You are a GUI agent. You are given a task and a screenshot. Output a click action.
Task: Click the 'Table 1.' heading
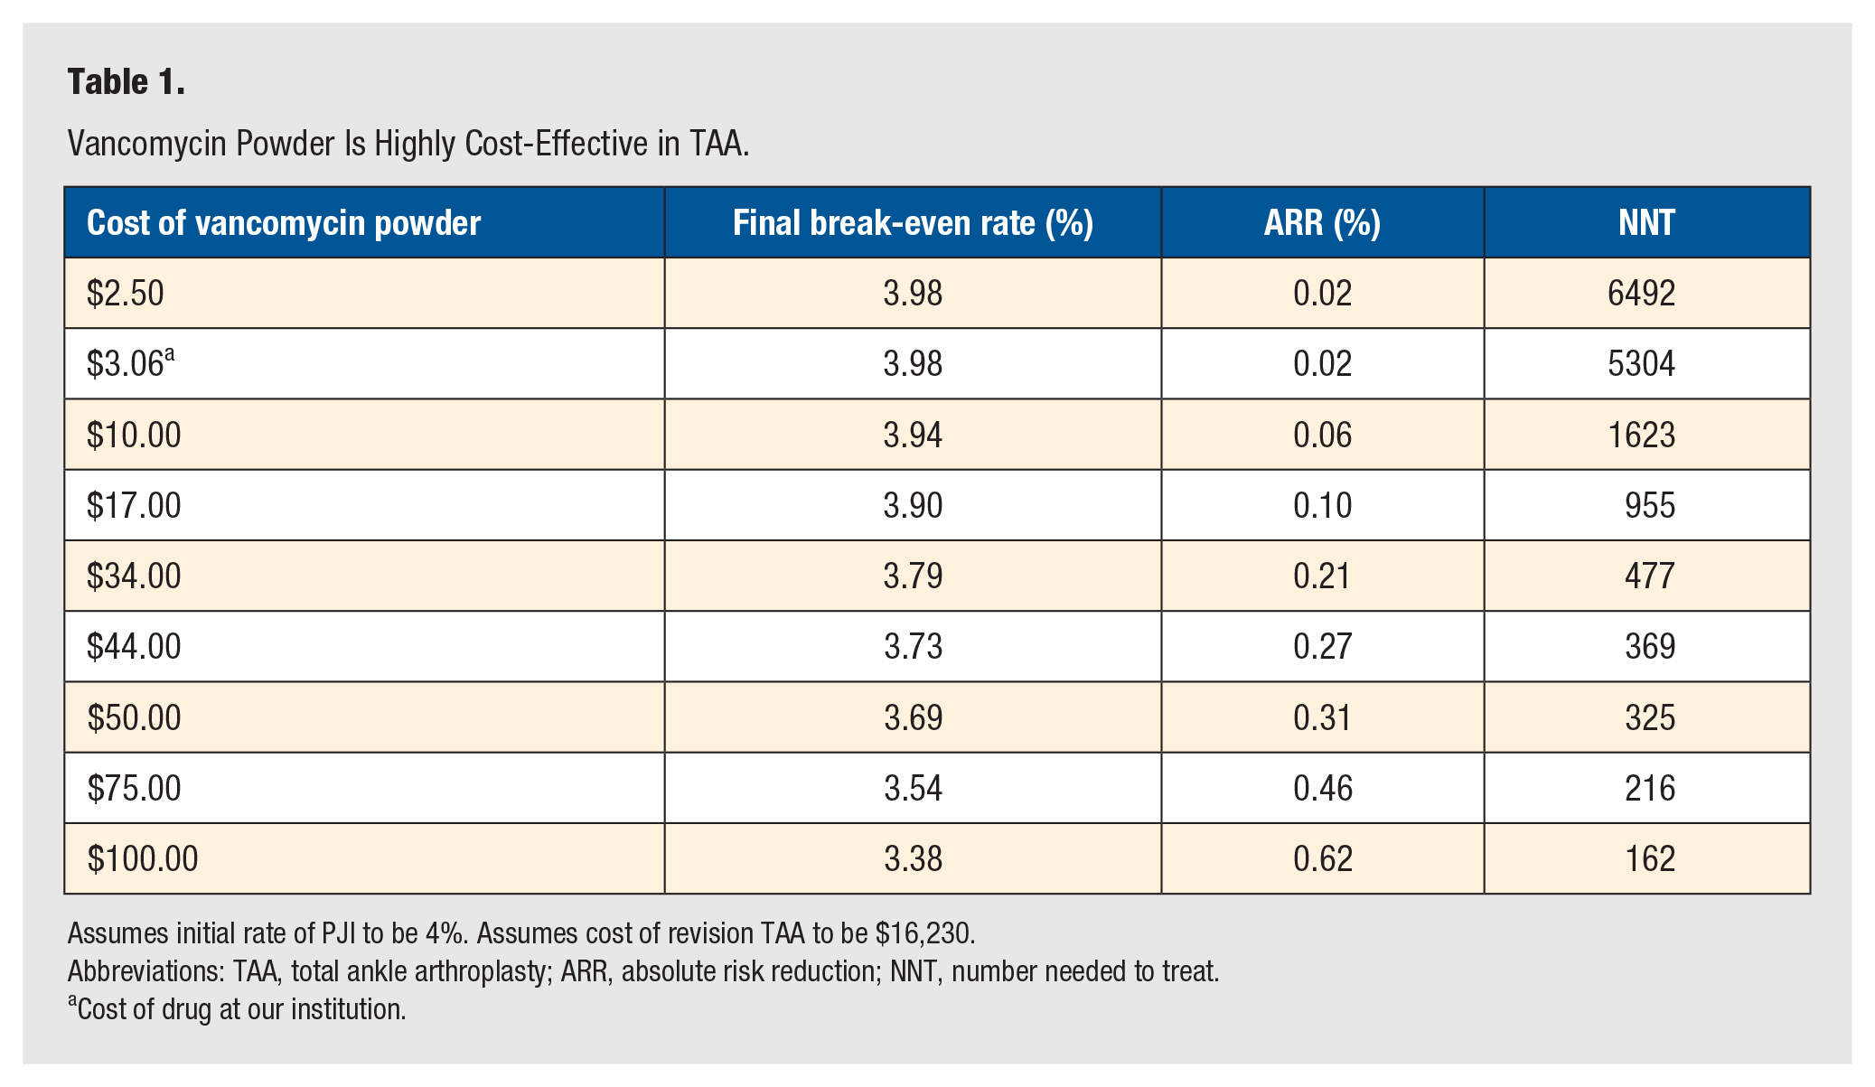tap(127, 82)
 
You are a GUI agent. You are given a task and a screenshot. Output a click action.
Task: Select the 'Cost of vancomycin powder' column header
tap(284, 223)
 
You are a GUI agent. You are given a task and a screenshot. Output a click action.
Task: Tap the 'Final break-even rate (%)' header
tap(913, 223)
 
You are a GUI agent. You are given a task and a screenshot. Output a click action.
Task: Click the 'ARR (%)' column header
tap(1322, 223)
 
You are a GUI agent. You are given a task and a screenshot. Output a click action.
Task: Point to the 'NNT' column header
tap(1646, 223)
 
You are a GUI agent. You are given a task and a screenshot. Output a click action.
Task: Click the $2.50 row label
tap(126, 294)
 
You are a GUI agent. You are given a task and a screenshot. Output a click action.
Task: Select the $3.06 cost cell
tap(130, 363)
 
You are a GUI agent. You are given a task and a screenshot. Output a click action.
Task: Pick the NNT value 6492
tap(1641, 294)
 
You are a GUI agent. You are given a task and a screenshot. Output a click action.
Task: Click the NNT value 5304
tap(1641, 364)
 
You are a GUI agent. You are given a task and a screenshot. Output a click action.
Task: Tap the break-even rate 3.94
tap(913, 436)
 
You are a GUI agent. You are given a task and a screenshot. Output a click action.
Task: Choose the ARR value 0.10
tap(1322, 506)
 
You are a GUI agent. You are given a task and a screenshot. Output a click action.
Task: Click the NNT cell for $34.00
tap(1650, 576)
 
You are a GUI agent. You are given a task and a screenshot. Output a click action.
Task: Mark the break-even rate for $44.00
tap(913, 647)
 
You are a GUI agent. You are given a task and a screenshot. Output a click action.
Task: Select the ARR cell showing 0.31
tap(1322, 718)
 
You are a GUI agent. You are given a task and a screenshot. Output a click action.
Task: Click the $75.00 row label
tap(134, 789)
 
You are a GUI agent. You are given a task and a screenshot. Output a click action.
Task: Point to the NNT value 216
tap(1650, 789)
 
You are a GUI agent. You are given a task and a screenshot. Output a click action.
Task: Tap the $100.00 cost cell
tap(143, 859)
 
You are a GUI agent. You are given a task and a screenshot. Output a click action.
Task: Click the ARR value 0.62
tap(1322, 859)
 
